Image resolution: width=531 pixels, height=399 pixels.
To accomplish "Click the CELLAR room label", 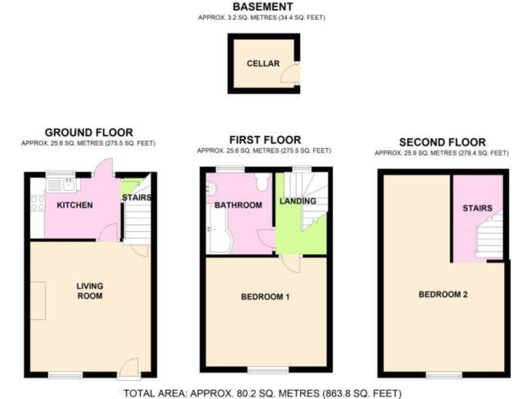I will click(x=263, y=64).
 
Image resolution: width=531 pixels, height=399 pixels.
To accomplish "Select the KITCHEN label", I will click(x=75, y=206).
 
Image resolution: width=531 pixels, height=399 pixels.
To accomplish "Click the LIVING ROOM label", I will click(x=90, y=291).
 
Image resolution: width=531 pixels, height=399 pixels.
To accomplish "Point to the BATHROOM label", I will click(x=238, y=206).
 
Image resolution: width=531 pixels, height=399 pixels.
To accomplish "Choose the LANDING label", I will click(x=298, y=202).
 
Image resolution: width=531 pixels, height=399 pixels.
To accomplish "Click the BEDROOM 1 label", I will click(x=265, y=297).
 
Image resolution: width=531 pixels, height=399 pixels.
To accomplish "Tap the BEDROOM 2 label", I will click(x=443, y=294).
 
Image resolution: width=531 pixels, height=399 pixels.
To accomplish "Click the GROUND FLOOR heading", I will click(x=88, y=133).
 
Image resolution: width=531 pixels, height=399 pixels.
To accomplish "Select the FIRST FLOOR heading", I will click(x=263, y=141).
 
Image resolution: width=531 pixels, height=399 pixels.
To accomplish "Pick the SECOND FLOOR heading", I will click(x=442, y=143).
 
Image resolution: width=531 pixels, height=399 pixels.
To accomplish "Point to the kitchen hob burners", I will click(x=37, y=202).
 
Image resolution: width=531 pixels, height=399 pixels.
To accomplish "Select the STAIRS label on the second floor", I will click(x=478, y=208).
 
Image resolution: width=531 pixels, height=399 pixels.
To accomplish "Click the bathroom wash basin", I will click(x=212, y=188).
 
